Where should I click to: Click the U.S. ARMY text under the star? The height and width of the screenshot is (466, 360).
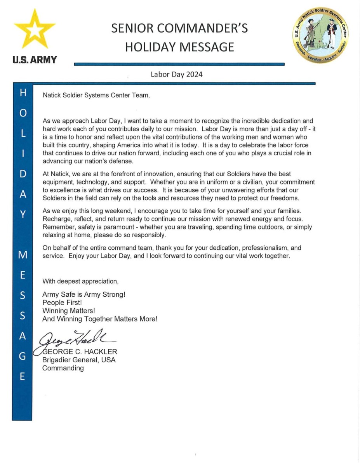tap(35, 60)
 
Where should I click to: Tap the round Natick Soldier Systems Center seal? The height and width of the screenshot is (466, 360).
tap(320, 37)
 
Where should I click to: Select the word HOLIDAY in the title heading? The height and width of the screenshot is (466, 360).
tap(149, 47)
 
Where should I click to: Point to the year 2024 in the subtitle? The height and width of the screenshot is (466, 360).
tap(194, 74)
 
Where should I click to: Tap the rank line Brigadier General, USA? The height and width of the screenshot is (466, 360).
tap(79, 360)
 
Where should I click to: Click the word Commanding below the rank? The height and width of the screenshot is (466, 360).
tap(63, 368)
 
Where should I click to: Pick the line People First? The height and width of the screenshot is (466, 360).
tap(62, 303)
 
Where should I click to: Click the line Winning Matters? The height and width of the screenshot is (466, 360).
tap(69, 311)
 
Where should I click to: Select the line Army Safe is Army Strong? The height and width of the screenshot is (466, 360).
tap(84, 294)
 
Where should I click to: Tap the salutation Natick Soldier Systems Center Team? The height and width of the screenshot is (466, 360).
tap(96, 95)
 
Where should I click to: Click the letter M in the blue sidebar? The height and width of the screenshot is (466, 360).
tap(23, 255)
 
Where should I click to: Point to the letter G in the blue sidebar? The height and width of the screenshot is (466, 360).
tap(23, 356)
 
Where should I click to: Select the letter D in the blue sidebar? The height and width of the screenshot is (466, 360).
tap(23, 174)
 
